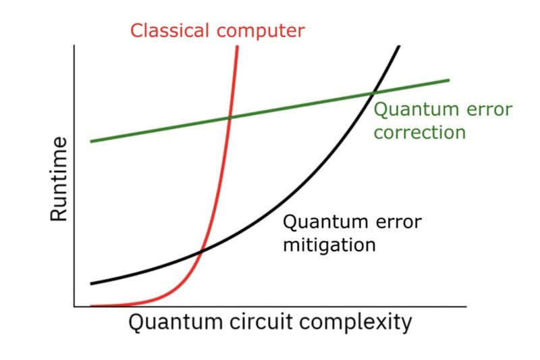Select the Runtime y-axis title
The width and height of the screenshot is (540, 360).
click(x=59, y=178)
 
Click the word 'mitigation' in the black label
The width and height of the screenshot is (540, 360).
click(x=329, y=244)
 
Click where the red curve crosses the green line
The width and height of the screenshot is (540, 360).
click(x=230, y=117)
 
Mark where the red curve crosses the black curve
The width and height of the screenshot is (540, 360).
click(x=200, y=252)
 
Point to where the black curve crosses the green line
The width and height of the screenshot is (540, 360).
click(x=373, y=93)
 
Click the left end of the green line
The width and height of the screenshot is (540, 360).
click(x=91, y=141)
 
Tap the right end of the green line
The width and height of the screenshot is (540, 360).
click(x=449, y=80)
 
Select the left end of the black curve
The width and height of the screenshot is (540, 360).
click(x=91, y=284)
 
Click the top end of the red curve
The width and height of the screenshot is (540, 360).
click(x=238, y=46)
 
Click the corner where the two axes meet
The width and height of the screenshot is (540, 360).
click(x=74, y=307)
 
